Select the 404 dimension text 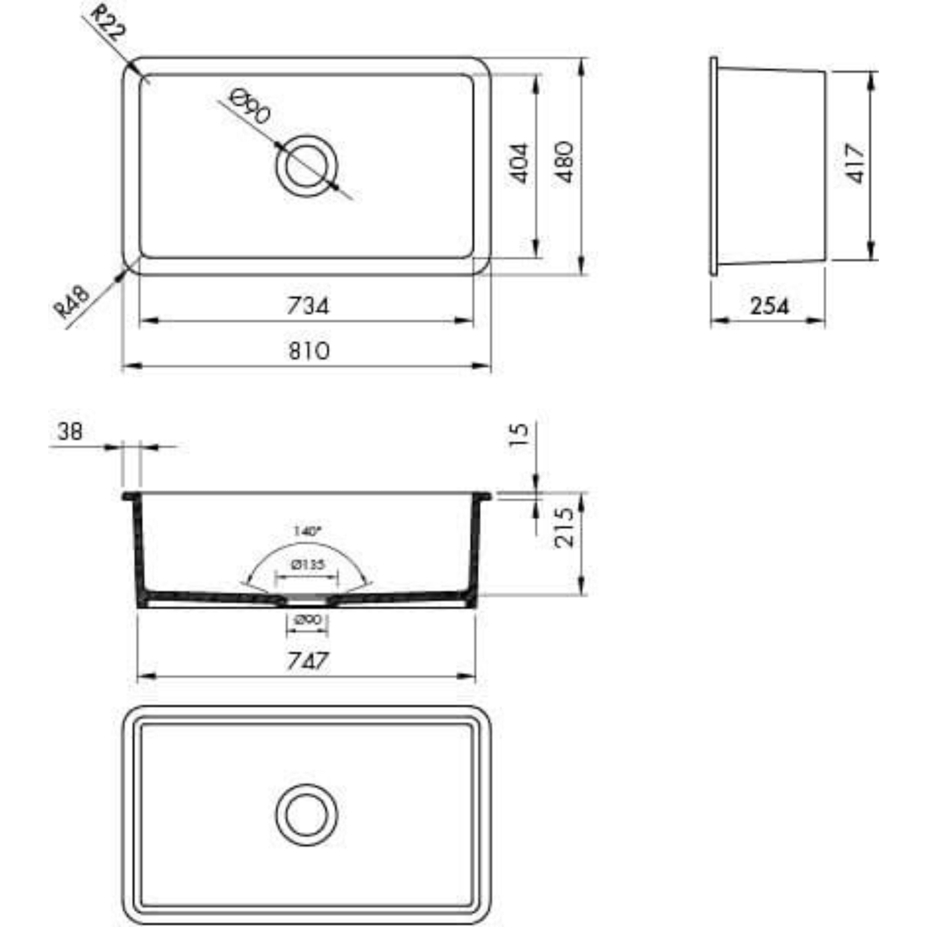[x=519, y=163]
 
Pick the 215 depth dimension [x=564, y=528]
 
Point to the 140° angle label [x=307, y=531]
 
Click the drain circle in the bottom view [x=307, y=815]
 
